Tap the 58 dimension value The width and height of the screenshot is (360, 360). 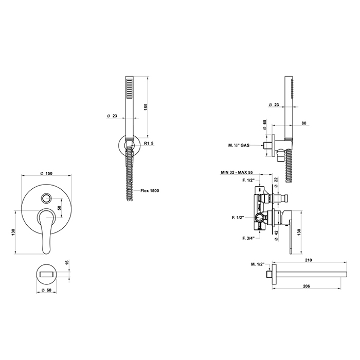point(59,208)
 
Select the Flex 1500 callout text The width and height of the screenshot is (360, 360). point(150,191)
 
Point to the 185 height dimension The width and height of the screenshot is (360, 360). point(145,107)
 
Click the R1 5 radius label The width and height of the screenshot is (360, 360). point(149,143)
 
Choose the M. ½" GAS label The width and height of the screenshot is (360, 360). point(239,145)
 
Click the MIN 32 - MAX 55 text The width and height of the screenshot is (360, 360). point(236,172)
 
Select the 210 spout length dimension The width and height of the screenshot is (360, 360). point(309,260)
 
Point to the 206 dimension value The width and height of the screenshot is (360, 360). point(307,286)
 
